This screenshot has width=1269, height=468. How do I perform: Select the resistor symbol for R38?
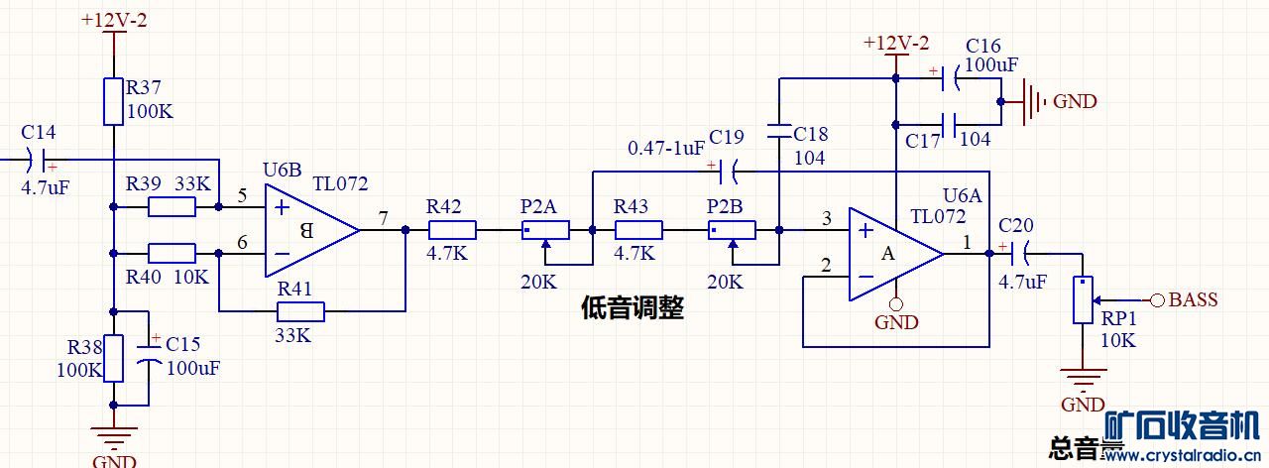click(114, 358)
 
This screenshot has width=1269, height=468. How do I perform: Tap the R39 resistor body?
click(173, 207)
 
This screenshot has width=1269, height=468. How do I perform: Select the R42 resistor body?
click(452, 231)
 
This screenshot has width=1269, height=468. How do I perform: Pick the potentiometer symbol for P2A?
click(545, 231)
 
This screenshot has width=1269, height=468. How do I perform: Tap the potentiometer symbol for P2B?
click(732, 231)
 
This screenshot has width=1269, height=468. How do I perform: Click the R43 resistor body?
click(638, 231)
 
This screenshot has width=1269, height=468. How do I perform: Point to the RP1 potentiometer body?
click(1085, 300)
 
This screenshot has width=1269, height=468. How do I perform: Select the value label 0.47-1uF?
click(666, 148)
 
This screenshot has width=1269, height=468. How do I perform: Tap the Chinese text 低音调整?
click(632, 308)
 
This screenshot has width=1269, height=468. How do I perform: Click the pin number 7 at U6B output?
click(384, 216)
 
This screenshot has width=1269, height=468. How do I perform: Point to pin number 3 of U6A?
click(826, 218)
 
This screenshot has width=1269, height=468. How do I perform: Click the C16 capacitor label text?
click(982, 47)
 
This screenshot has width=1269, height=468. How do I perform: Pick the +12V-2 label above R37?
click(114, 20)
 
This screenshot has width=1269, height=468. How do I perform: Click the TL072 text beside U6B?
click(340, 183)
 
